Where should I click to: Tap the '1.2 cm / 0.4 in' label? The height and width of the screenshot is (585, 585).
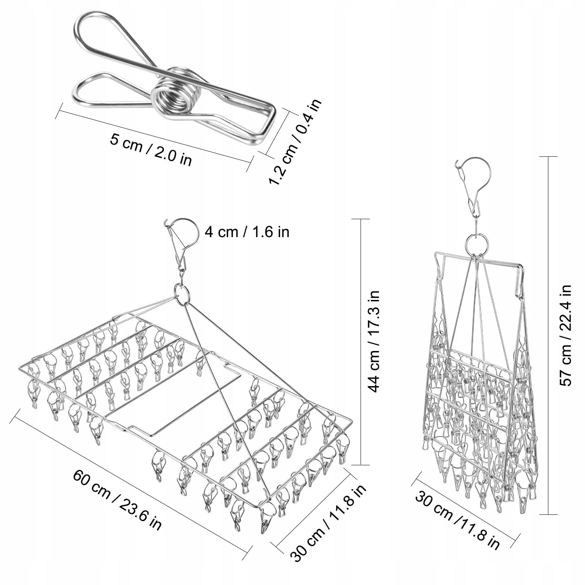[x=295, y=142]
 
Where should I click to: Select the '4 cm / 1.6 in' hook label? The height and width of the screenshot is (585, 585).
[x=247, y=232]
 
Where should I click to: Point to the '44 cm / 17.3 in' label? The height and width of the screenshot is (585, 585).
[x=373, y=341]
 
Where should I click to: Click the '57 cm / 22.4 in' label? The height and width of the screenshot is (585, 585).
[x=565, y=335]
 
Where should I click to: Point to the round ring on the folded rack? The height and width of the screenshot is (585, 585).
[x=477, y=244]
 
